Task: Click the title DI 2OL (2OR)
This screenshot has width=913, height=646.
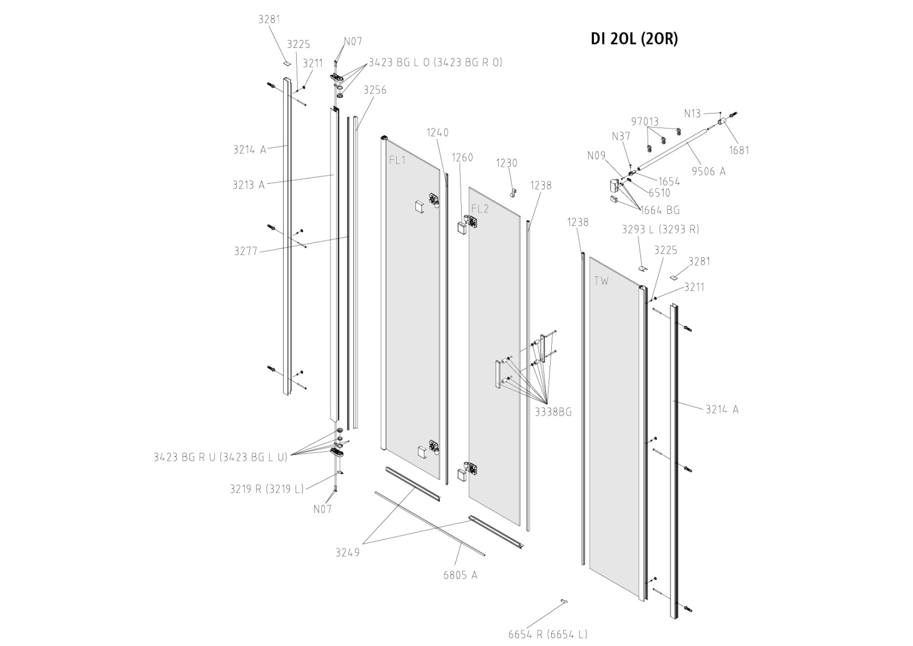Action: point(634,39)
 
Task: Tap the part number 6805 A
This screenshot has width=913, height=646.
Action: point(460,575)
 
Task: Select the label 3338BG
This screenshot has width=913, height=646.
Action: point(553,411)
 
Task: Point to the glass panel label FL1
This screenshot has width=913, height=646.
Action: point(397,160)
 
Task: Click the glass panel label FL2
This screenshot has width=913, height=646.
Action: point(480,209)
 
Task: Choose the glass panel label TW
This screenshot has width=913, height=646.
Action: point(601,281)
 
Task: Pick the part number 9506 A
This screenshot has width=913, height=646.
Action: point(708,171)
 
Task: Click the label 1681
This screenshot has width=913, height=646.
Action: point(739,150)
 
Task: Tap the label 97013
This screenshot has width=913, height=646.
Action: point(645,122)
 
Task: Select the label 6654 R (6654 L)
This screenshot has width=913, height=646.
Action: point(548,634)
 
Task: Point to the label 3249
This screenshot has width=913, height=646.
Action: point(348,552)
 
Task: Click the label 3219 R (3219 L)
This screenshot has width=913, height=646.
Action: point(266,488)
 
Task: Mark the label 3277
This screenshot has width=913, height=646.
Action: point(246,251)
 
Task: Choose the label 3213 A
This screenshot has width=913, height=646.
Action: point(249,184)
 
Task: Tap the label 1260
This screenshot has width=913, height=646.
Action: point(462,158)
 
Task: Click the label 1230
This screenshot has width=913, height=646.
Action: point(506,163)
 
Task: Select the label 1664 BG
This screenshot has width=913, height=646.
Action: point(660,210)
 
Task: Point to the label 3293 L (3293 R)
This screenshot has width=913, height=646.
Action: point(660,229)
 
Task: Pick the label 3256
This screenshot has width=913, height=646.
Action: point(375,90)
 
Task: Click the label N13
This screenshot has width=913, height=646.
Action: point(692,114)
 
